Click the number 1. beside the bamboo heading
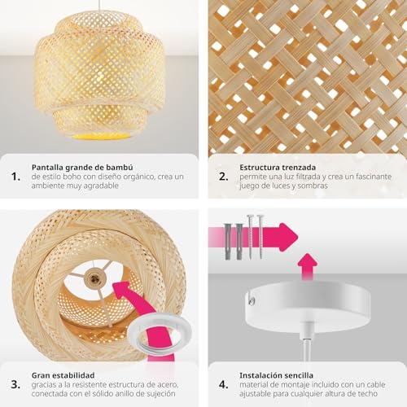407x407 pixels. point(15,177)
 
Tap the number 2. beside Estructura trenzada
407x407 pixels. point(224,177)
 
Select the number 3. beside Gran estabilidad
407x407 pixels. point(15,384)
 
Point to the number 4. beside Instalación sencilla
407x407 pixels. point(224,384)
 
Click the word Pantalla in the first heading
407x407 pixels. point(47,168)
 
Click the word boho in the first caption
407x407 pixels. point(72,177)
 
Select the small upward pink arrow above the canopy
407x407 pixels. point(308,267)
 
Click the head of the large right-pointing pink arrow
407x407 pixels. point(288,237)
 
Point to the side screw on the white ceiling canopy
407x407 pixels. point(252,300)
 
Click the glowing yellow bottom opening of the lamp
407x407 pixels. point(100,136)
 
